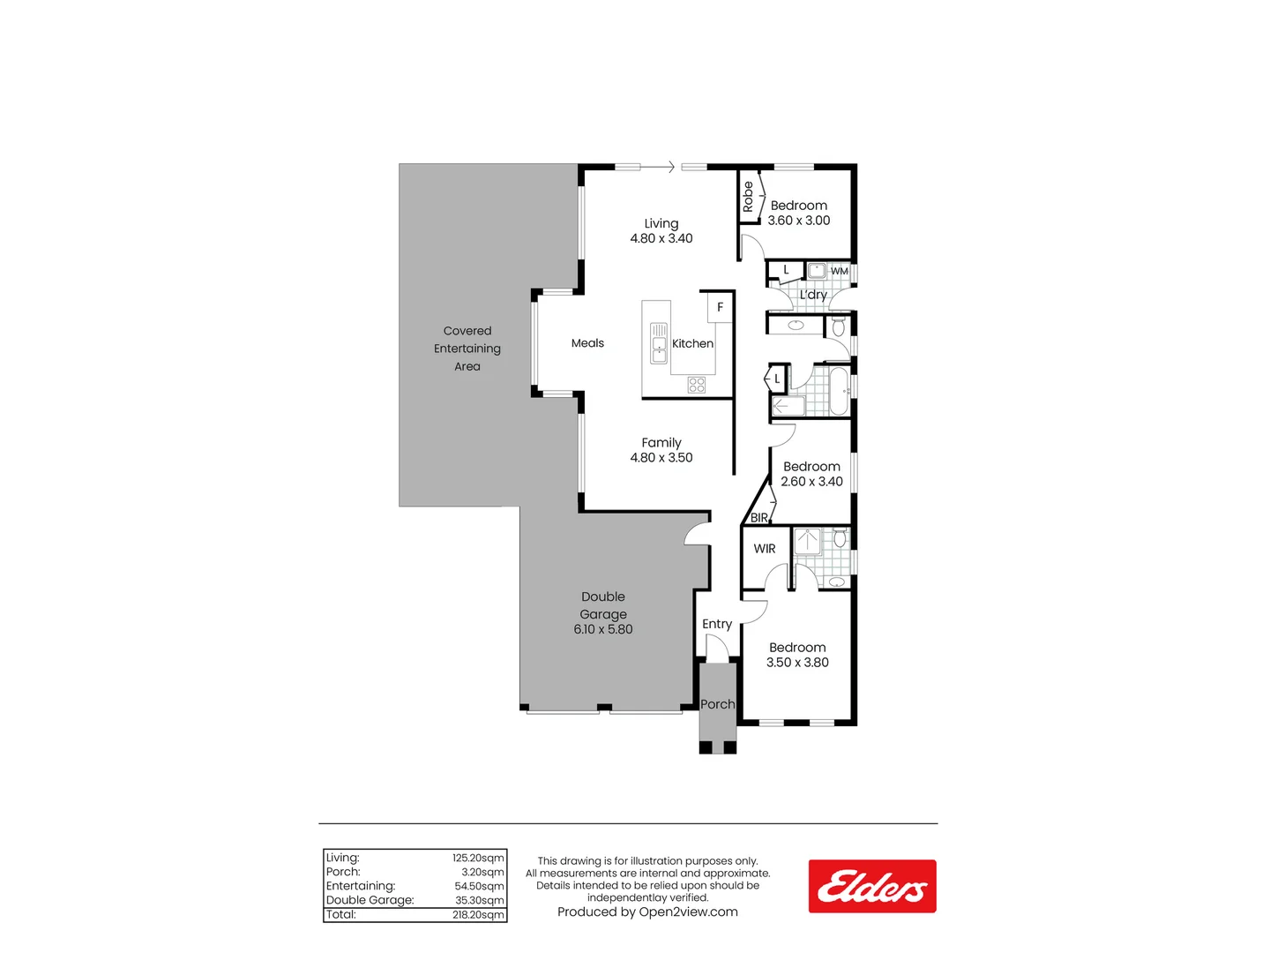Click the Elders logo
pyautogui.click(x=871, y=886)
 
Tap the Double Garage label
pyautogui.click(x=603, y=605)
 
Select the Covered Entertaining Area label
pyautogui.click(x=467, y=349)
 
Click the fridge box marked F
pyautogui.click(x=720, y=307)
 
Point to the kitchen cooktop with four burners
pyautogui.click(x=697, y=385)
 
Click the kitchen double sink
pyautogui.click(x=659, y=343)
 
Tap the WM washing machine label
pyautogui.click(x=839, y=271)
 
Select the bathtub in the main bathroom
pyautogui.click(x=839, y=392)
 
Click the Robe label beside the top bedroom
pyautogui.click(x=748, y=196)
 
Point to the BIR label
pyautogui.click(x=758, y=518)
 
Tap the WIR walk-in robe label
pyautogui.click(x=765, y=549)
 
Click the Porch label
pyautogui.click(x=717, y=704)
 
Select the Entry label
pyautogui.click(x=717, y=624)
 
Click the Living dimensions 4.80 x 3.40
pyautogui.click(x=661, y=238)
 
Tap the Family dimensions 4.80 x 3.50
pyautogui.click(x=661, y=457)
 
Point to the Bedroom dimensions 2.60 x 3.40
pyautogui.click(x=811, y=482)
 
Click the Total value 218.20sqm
pyautogui.click(x=478, y=915)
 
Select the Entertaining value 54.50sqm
pyautogui.click(x=479, y=886)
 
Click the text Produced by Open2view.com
pyautogui.click(x=647, y=912)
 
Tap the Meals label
pyautogui.click(x=587, y=343)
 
